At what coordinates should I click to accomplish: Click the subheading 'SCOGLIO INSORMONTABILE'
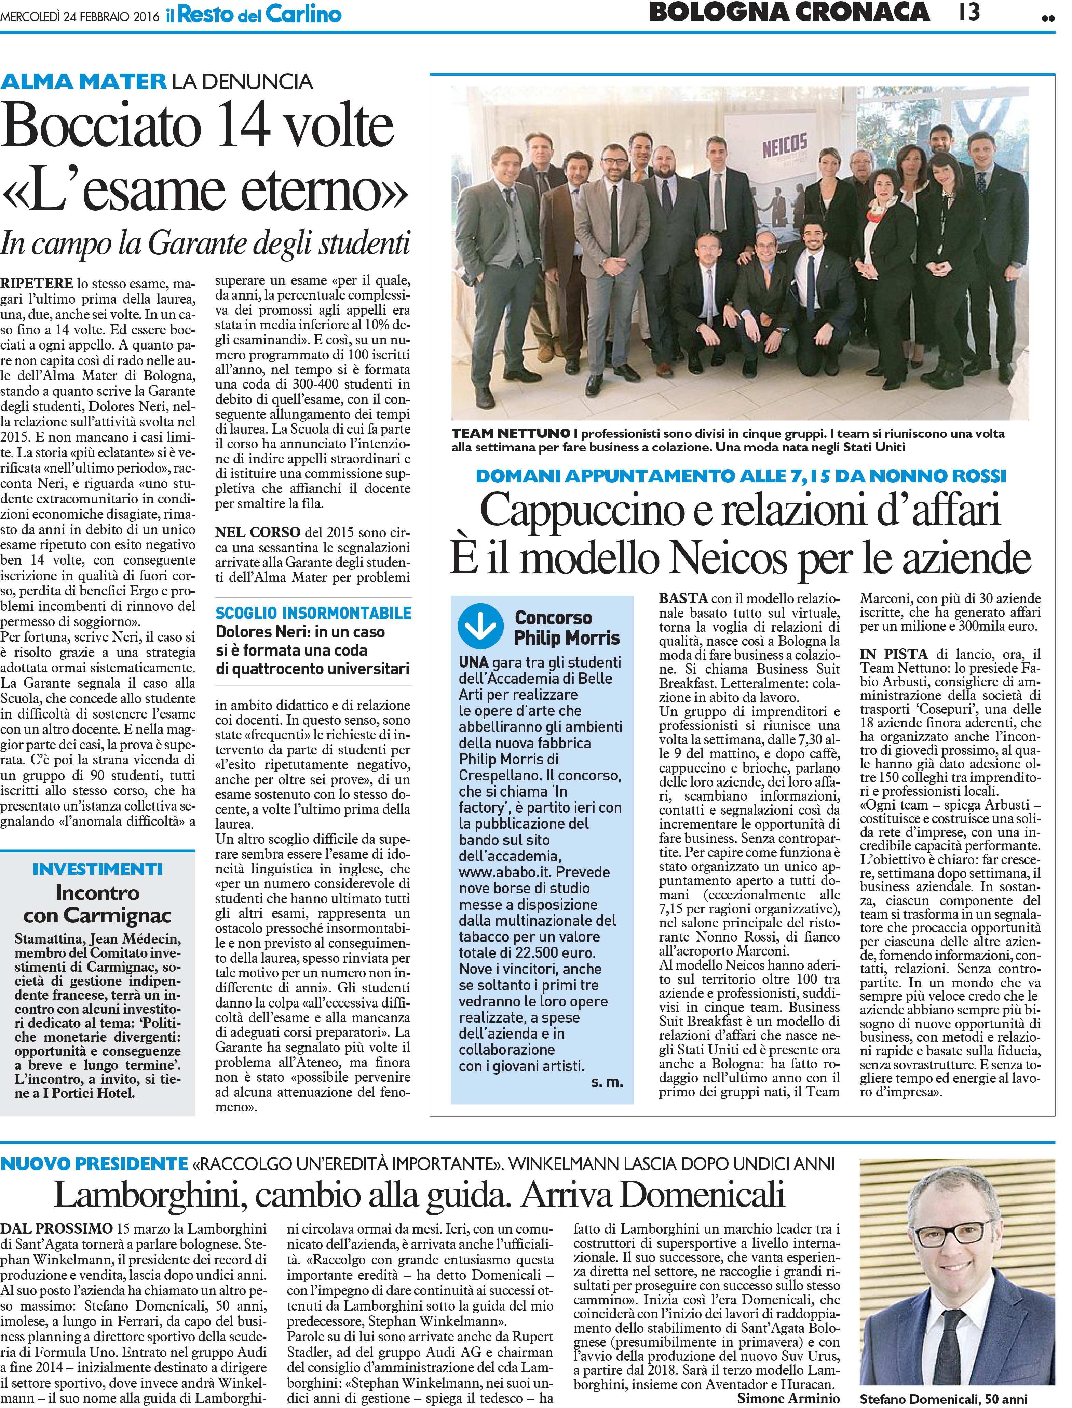click(313, 613)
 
